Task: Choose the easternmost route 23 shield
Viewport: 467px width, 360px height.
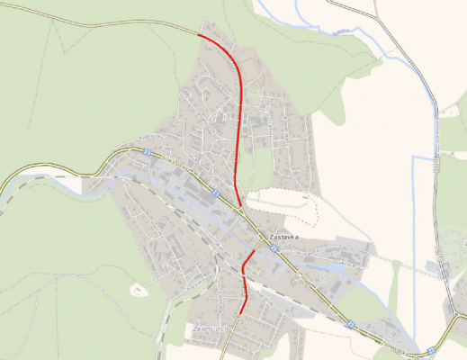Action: [x=432, y=349]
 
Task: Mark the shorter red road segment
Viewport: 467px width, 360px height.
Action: [x=244, y=283]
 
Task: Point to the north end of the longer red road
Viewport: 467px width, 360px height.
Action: [x=198, y=34]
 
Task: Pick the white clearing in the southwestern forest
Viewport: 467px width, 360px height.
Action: [x=137, y=289]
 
